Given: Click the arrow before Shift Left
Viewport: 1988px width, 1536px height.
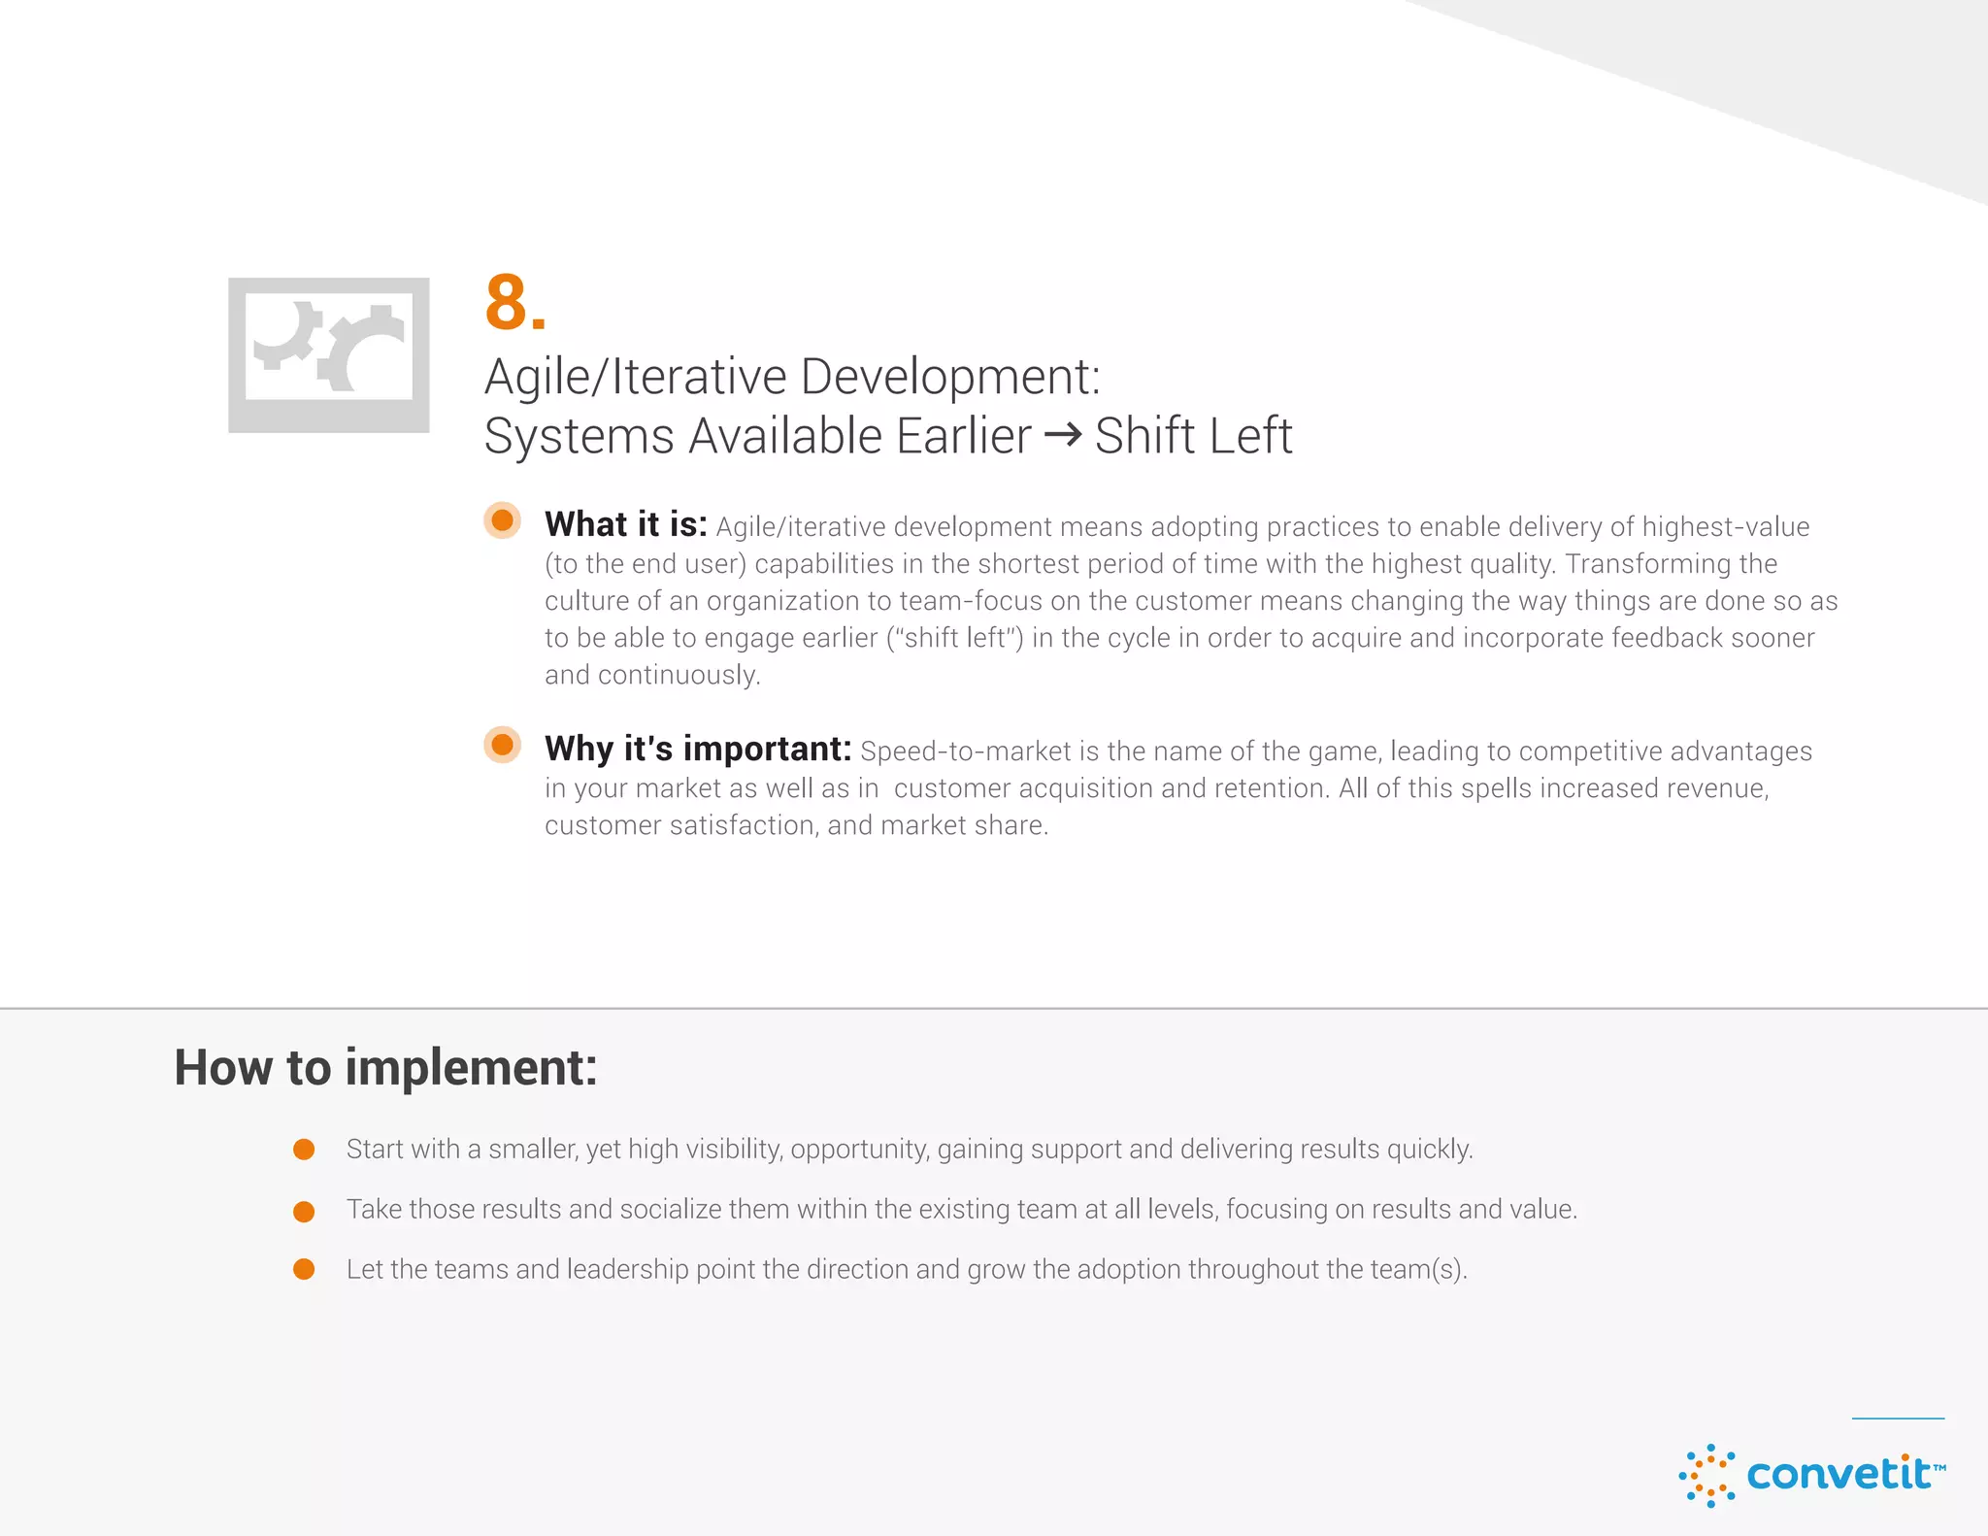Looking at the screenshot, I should click(x=1063, y=434).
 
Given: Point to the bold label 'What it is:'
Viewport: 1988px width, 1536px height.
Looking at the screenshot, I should click(x=626, y=524).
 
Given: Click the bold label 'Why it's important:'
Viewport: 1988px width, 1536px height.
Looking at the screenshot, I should click(x=698, y=749).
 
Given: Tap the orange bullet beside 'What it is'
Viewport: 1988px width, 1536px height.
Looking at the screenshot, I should click(x=503, y=520).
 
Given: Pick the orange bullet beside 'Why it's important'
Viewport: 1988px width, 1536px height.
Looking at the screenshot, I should click(x=503, y=745).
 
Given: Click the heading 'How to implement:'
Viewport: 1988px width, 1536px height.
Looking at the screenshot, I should click(x=385, y=1067).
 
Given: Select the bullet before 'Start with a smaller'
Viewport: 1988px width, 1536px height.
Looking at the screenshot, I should click(x=304, y=1150).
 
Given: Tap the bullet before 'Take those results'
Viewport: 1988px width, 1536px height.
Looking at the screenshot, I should click(x=304, y=1211).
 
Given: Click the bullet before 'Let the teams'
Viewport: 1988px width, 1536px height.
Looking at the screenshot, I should click(x=304, y=1270).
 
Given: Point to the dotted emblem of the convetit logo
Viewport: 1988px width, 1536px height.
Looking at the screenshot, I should click(x=1706, y=1476).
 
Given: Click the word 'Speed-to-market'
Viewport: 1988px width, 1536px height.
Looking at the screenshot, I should click(x=966, y=751).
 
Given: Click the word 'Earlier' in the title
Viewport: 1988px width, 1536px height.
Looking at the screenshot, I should click(x=964, y=435).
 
